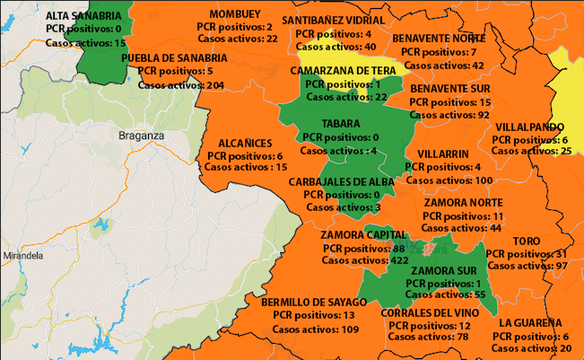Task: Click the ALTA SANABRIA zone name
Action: [85, 15]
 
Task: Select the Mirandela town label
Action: [22, 256]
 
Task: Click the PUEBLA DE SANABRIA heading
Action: [175, 57]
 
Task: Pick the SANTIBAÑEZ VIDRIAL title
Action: [334, 20]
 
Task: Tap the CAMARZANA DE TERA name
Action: [344, 69]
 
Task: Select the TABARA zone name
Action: [340, 123]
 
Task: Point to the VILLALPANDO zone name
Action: [529, 127]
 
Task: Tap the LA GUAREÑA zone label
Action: [531, 322]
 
